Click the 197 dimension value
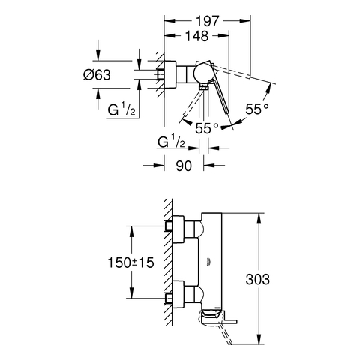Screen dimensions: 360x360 pos(207,21)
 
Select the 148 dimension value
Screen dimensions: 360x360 pos(196,36)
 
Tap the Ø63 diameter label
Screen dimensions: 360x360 pos(97,74)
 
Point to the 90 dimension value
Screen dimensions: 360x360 pos(184,166)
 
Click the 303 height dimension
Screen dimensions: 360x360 pos(258,279)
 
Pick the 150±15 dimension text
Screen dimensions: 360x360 pos(130,262)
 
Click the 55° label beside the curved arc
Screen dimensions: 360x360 pos(257,109)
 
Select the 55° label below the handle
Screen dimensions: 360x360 pos(207,128)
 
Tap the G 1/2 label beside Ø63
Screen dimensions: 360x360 pos(121,110)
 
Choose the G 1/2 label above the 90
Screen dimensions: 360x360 pos(172,142)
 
